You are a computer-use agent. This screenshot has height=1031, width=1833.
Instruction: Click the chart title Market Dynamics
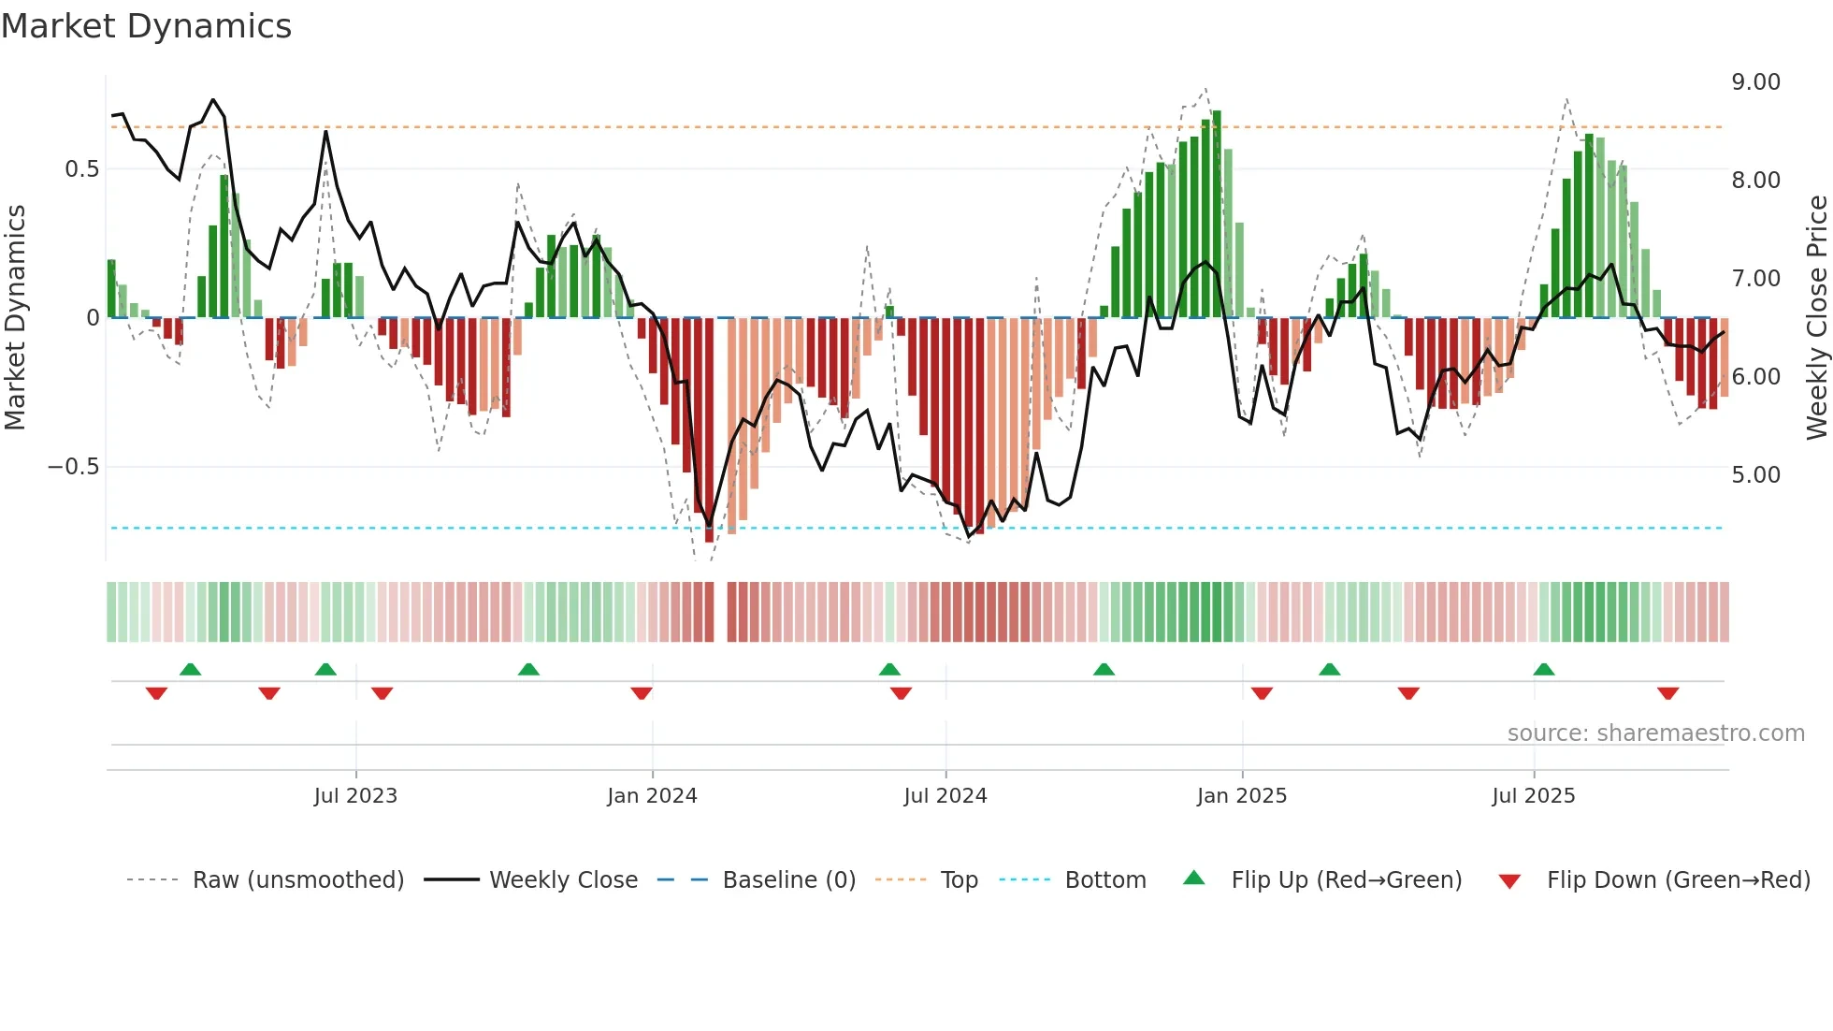pos(146,26)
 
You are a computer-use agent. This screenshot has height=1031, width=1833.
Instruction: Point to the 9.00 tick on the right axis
pos(1755,82)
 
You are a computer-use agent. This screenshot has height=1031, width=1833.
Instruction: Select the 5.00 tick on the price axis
pos(1755,475)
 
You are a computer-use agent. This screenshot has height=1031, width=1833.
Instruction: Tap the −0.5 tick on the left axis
pos(73,467)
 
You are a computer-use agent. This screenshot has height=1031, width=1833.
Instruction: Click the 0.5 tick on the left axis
pos(81,169)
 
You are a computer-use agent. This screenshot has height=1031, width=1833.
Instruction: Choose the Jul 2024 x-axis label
pos(945,796)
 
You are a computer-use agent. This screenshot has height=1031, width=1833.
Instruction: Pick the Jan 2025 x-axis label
pos(1241,796)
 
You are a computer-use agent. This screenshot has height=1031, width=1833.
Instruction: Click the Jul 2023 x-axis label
pos(355,796)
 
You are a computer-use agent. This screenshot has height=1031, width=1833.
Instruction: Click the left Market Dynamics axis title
pos(15,318)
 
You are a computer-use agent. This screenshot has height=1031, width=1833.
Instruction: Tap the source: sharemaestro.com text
pos(1655,733)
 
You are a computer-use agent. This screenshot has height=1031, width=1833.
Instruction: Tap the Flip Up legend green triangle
pos(1193,879)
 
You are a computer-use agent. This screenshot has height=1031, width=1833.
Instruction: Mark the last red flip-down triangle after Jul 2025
pos(1667,693)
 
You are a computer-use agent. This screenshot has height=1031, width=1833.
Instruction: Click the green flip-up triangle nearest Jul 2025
pos(1543,670)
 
